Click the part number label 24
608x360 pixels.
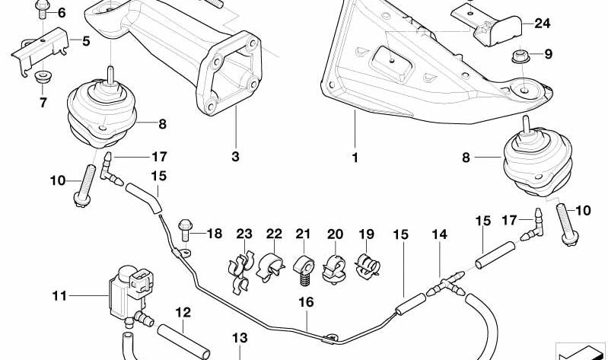tap(541, 24)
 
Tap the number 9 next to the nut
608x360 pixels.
tap(548, 54)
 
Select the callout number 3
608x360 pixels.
tap(235, 158)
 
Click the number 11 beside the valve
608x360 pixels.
tap(60, 295)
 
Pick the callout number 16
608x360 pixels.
tap(305, 302)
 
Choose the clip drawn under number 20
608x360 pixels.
tap(334, 266)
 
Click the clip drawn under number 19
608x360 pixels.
tap(367, 266)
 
